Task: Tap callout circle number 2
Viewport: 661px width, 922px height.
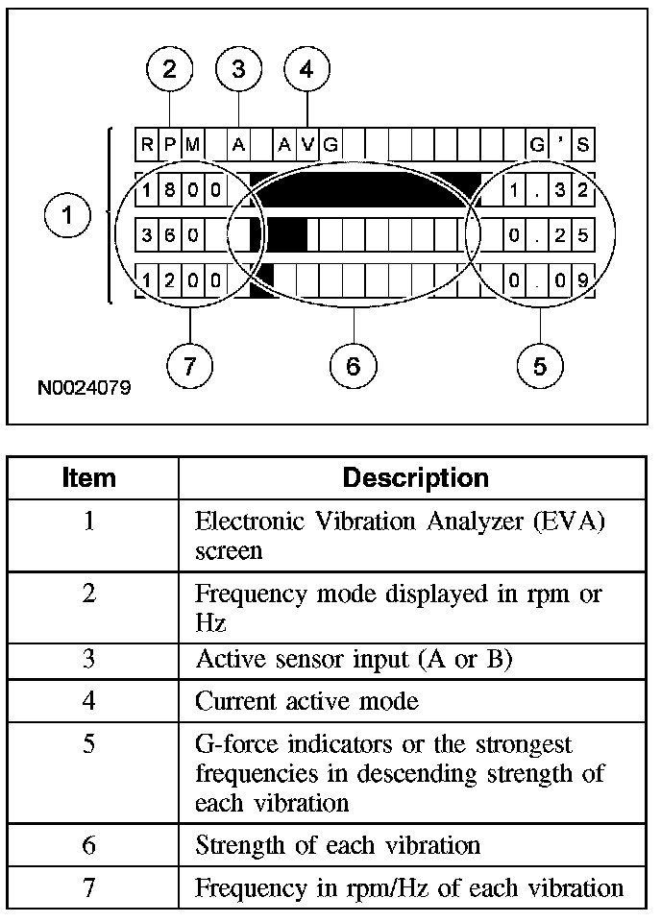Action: [170, 69]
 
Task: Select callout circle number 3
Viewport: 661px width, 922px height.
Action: [238, 69]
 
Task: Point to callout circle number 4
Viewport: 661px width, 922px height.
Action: [306, 69]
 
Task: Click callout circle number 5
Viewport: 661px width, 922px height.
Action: [540, 365]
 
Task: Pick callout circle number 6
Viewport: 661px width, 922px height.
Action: [353, 365]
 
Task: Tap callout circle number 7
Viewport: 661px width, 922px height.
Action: [188, 365]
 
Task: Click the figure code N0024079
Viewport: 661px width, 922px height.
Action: [85, 390]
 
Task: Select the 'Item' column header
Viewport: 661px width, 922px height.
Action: [88, 477]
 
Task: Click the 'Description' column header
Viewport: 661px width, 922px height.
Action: [415, 477]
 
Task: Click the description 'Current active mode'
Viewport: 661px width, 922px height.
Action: [306, 701]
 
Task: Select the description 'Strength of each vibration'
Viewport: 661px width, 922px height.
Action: [337, 846]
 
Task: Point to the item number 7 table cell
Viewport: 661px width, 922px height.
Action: [88, 888]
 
